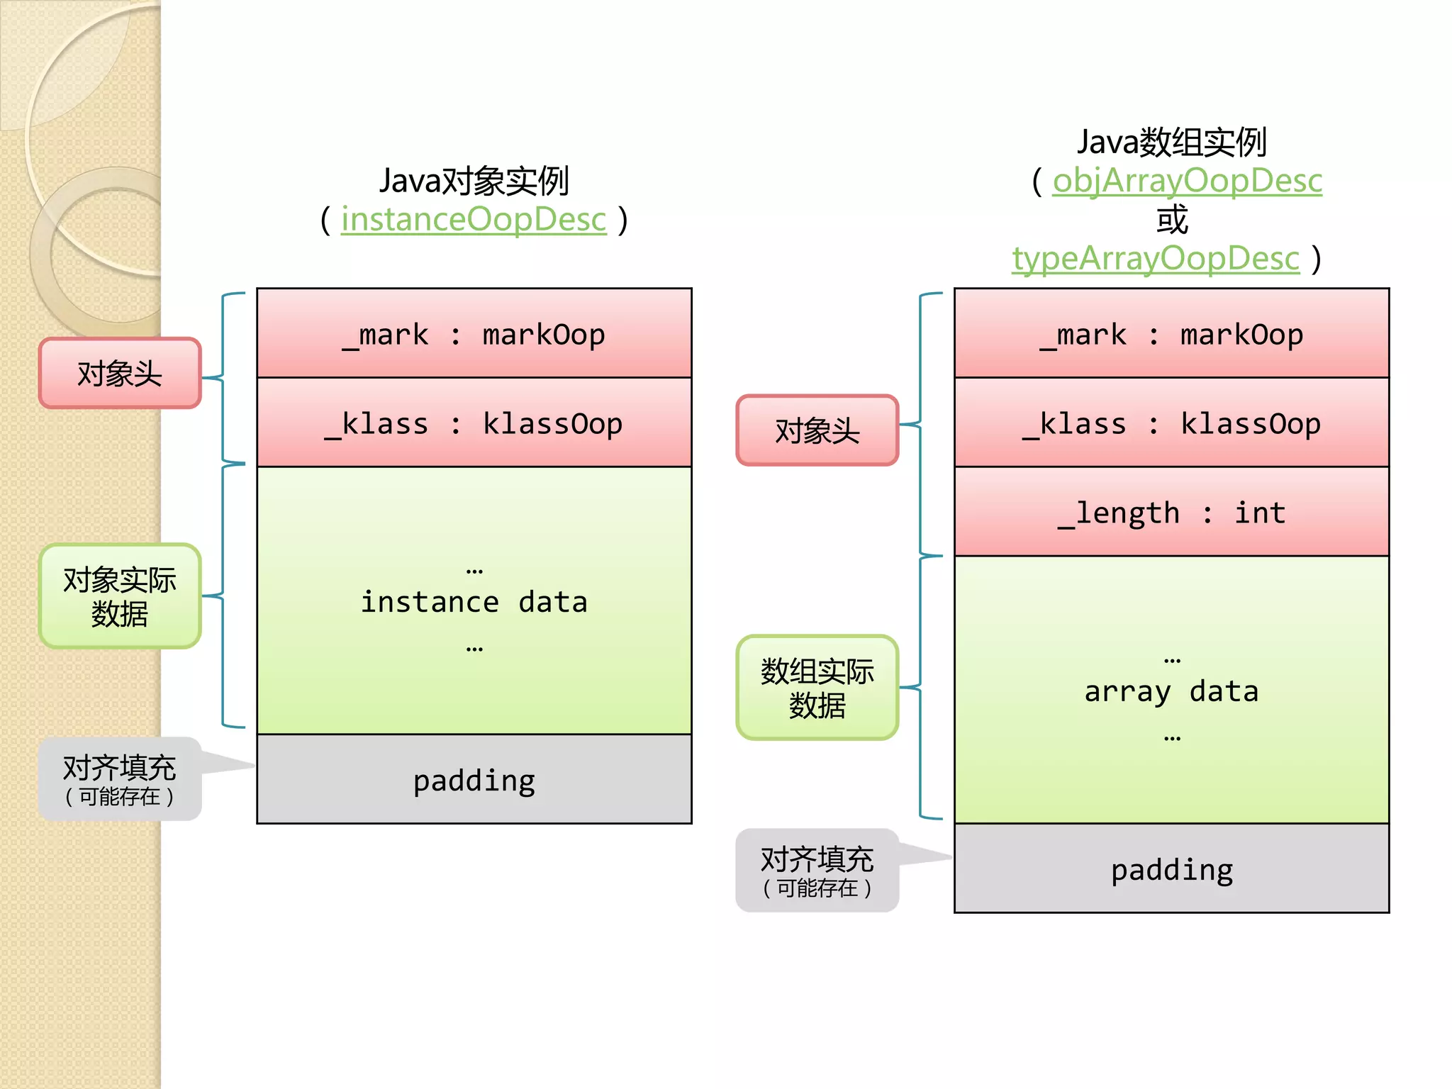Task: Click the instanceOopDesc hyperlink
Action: point(474,220)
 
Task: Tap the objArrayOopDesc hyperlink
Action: point(1187,181)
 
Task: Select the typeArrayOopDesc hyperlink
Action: point(1155,259)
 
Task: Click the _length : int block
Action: point(1171,512)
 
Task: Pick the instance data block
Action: point(474,601)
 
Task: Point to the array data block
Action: point(1171,690)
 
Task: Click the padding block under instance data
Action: point(474,779)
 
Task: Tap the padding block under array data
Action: point(1171,869)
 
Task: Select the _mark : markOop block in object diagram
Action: point(474,333)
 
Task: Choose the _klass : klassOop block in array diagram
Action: point(1171,423)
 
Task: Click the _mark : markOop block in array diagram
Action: point(1171,333)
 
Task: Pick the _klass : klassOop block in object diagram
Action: point(474,423)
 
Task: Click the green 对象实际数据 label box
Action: point(120,596)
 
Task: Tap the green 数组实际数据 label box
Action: point(817,688)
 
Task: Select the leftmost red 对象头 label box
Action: point(120,373)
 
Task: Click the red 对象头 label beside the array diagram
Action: point(817,430)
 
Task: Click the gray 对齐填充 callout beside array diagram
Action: point(817,871)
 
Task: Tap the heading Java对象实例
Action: point(474,181)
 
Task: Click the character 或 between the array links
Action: point(1171,220)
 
